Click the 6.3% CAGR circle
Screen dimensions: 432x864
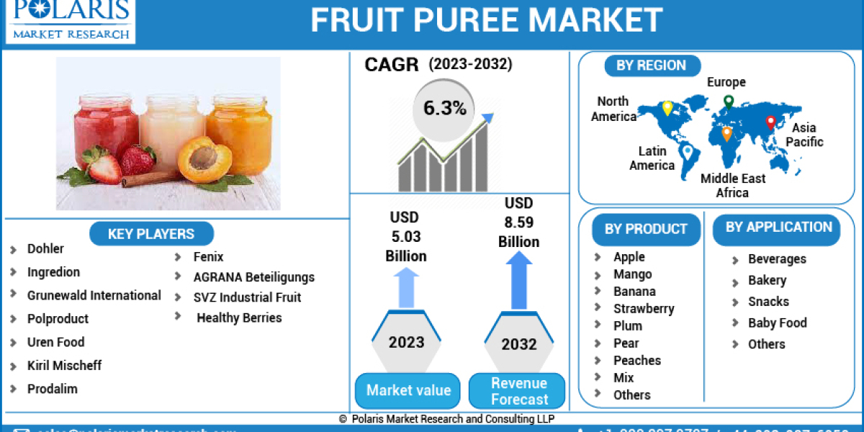click(x=444, y=109)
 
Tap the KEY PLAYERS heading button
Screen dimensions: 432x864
click(x=151, y=234)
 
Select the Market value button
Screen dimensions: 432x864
click(x=408, y=390)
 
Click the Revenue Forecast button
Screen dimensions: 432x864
click(x=518, y=391)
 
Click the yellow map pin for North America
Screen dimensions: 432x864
click(x=667, y=109)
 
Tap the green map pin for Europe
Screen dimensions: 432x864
click(x=729, y=102)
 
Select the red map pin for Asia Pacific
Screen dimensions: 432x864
click(x=770, y=122)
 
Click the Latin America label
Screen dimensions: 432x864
click(x=652, y=158)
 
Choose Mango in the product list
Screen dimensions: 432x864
click(x=632, y=274)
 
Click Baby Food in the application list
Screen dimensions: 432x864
click(x=777, y=323)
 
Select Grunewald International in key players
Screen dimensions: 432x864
click(x=94, y=295)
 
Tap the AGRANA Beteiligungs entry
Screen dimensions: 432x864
click(x=253, y=277)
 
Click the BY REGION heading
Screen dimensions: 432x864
click(x=651, y=66)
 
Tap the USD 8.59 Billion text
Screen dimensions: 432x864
click(x=518, y=222)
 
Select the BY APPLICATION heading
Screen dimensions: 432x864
click(x=778, y=227)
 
